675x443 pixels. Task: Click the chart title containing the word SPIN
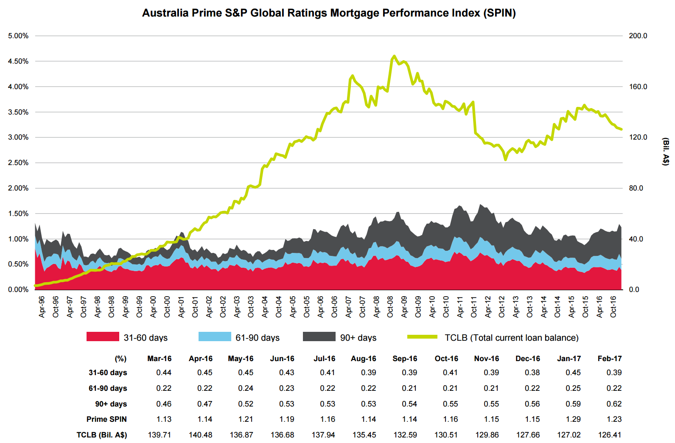pyautogui.click(x=329, y=13)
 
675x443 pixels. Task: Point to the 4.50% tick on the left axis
pyautogui.click(x=18, y=61)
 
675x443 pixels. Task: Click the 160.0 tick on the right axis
pyautogui.click(x=638, y=87)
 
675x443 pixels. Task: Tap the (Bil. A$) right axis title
pyautogui.click(x=666, y=151)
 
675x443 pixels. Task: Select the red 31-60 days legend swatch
pyautogui.click(x=103, y=337)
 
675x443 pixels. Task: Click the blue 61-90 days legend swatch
pyautogui.click(x=215, y=337)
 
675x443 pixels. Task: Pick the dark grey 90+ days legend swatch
pyautogui.click(x=319, y=337)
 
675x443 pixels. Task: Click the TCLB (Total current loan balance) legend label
pyautogui.click(x=511, y=338)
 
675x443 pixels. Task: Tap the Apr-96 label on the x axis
pyautogui.click(x=42, y=307)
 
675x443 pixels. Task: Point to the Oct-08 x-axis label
pyautogui.click(x=390, y=307)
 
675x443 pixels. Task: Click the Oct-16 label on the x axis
pyautogui.click(x=613, y=307)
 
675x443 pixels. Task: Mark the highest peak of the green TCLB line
pyautogui.click(x=394, y=56)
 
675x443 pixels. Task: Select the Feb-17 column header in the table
pyautogui.click(x=610, y=359)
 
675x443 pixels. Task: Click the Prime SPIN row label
pyautogui.click(x=106, y=419)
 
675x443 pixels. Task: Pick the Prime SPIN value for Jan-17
pyautogui.click(x=573, y=419)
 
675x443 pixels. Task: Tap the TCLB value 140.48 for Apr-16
pyautogui.click(x=201, y=435)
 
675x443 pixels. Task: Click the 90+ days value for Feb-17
pyautogui.click(x=614, y=404)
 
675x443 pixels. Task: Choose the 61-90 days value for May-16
pyautogui.click(x=246, y=388)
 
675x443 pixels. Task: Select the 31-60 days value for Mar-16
pyautogui.click(x=164, y=373)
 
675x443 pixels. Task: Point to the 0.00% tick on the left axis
pyautogui.click(x=18, y=289)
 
